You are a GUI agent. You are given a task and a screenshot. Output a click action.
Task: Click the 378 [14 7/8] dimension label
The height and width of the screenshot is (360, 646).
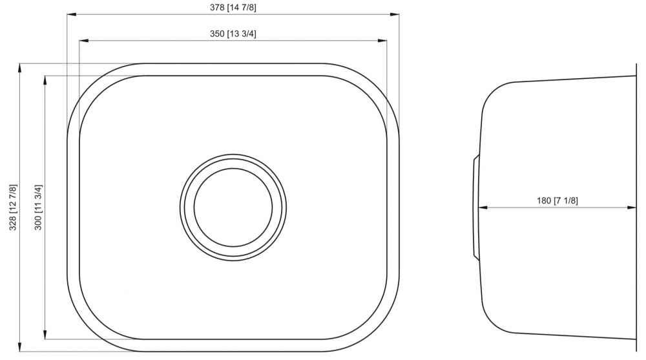click(x=233, y=7)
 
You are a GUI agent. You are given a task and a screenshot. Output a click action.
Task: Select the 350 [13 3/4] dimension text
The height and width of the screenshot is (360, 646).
click(x=233, y=34)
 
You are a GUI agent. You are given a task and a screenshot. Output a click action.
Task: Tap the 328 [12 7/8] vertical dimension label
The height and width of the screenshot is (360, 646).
click(x=13, y=207)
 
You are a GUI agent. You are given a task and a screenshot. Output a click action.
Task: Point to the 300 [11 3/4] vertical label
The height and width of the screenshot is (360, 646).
click(x=38, y=207)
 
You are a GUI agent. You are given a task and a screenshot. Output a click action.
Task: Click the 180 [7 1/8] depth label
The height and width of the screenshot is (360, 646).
click(x=557, y=201)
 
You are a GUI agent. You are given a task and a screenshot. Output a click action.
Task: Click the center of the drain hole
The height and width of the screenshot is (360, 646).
click(x=233, y=207)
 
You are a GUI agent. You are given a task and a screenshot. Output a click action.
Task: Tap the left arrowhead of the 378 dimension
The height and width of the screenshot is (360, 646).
click(x=72, y=14)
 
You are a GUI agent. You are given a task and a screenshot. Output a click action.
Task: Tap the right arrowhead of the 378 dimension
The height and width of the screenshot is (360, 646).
click(x=395, y=14)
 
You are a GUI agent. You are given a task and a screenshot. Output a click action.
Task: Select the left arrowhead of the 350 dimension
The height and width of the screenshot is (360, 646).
click(x=84, y=41)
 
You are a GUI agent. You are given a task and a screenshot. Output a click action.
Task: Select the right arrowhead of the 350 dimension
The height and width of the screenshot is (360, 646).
click(x=382, y=41)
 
